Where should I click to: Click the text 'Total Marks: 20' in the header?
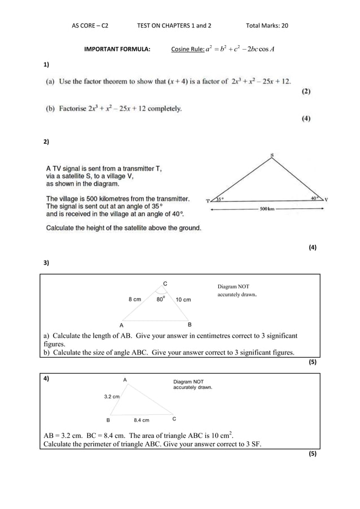tap(267, 26)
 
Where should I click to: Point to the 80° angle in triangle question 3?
tap(161, 299)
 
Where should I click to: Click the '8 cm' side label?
tap(134, 300)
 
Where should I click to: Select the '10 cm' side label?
tap(183, 300)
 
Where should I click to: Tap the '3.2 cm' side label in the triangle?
tap(112, 397)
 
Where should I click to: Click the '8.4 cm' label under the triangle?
tap(142, 420)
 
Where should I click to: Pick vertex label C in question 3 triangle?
tap(165, 283)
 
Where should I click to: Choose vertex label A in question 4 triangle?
tap(125, 380)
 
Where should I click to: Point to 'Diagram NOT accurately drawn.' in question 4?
tap(192, 385)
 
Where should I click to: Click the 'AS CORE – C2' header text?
tap(90, 26)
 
